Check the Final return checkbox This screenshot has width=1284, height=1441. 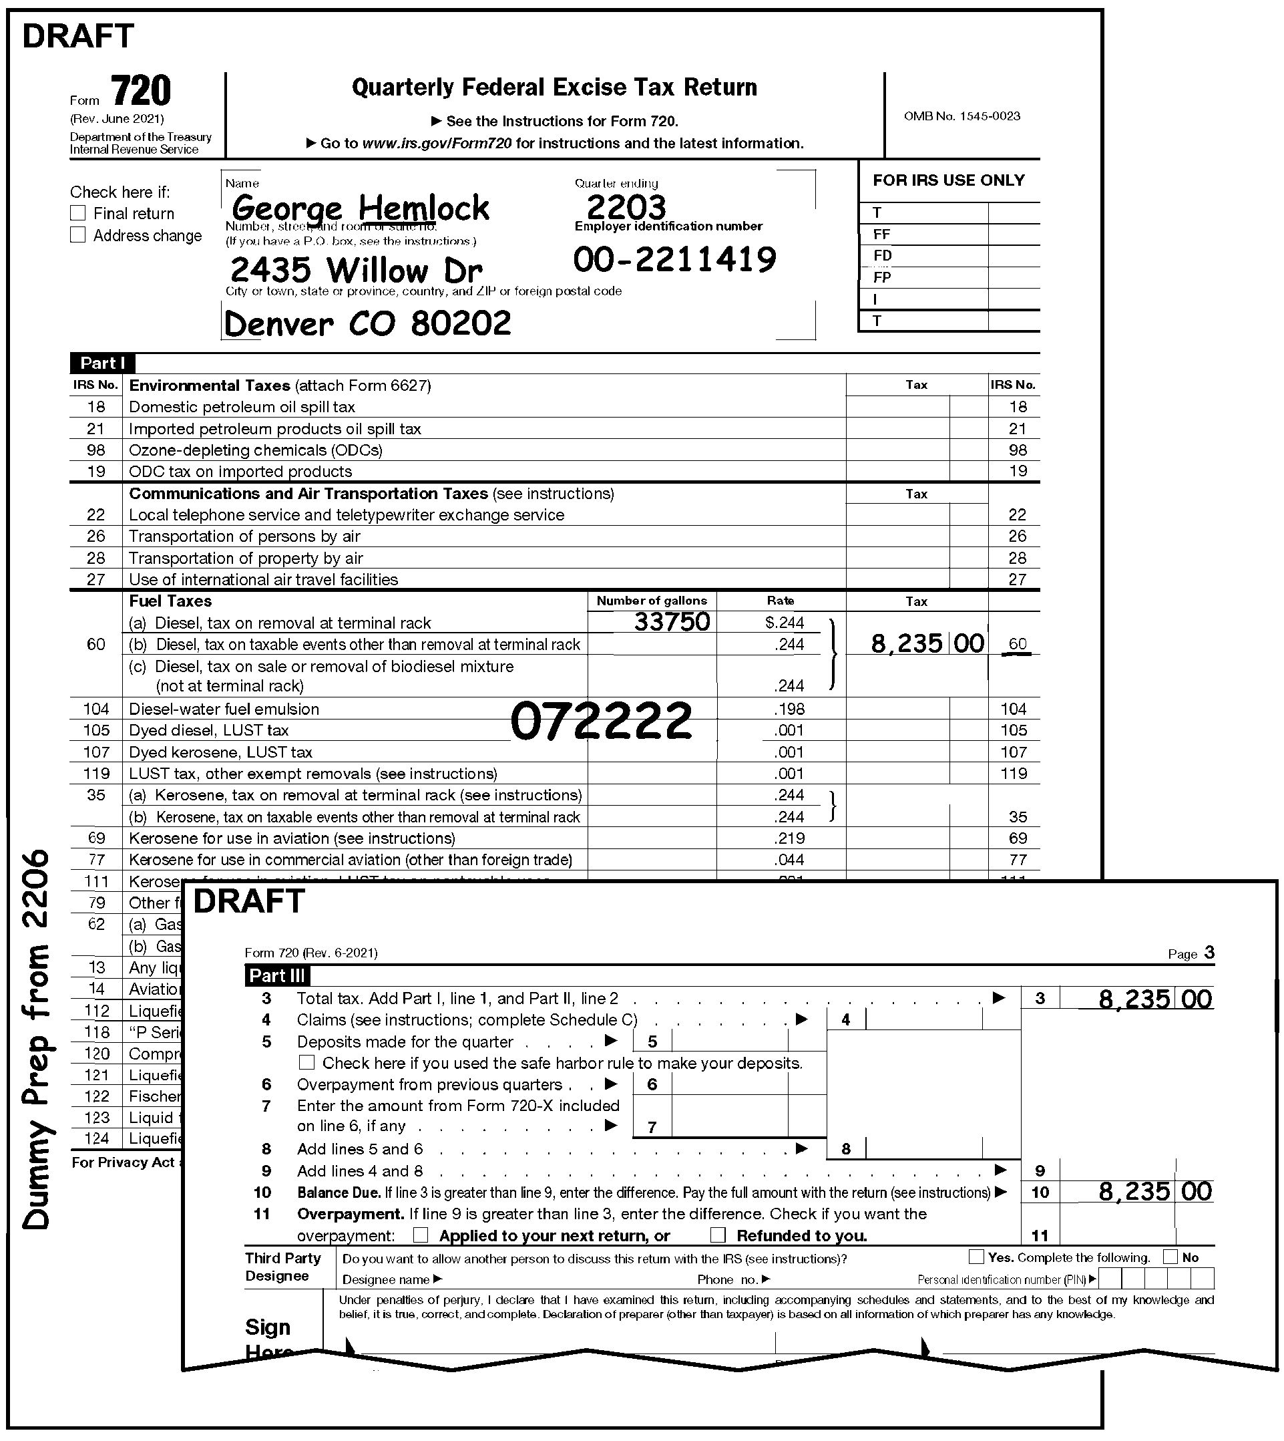[x=77, y=213]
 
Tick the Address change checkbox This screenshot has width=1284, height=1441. [x=77, y=235]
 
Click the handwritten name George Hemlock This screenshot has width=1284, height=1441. [x=360, y=208]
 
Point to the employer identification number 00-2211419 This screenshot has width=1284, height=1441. [x=674, y=260]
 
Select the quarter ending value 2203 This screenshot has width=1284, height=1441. [x=626, y=208]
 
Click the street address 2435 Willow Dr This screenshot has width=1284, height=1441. [x=357, y=271]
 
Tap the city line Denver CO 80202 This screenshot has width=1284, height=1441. [x=367, y=324]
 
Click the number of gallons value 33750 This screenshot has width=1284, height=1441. [x=672, y=622]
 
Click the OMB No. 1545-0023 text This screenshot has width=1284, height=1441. [x=961, y=116]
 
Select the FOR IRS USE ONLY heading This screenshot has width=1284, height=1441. [x=948, y=180]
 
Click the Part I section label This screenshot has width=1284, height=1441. [x=102, y=363]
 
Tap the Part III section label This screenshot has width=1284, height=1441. [x=276, y=976]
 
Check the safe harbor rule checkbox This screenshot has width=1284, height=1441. [x=307, y=1063]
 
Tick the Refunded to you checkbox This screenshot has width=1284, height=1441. [x=718, y=1235]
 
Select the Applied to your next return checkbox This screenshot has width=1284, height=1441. [x=421, y=1235]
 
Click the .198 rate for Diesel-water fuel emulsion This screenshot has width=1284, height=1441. [x=789, y=709]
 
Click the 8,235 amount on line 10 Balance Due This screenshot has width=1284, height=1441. [x=1134, y=1192]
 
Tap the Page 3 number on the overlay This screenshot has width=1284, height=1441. [x=1209, y=953]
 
